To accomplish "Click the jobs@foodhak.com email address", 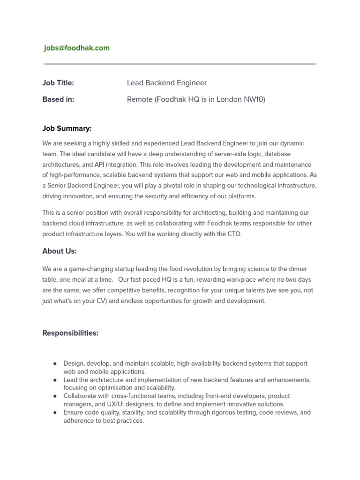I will pos(77,48).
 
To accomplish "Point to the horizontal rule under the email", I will pos(180,64).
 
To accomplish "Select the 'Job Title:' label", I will pos(58,83).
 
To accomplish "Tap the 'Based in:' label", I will pos(58,99).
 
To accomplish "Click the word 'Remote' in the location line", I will pos(140,99).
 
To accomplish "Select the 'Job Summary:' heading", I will pos(67,128).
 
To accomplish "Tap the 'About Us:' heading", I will pos(60,251).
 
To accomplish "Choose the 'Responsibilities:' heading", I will pos(70,333).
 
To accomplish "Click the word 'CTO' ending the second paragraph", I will pos(234,234).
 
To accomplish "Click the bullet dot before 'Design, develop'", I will pos(55,364).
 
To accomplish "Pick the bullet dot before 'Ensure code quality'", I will pos(55,413).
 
